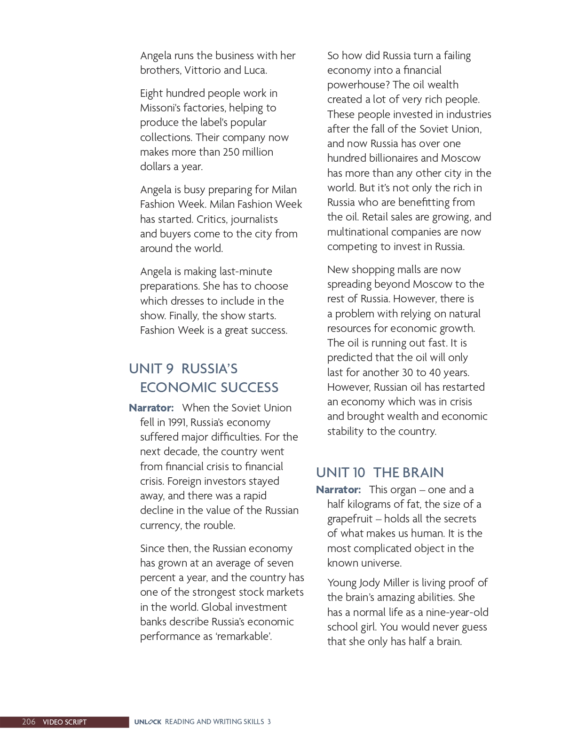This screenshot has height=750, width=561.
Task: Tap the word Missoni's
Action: pos(161,108)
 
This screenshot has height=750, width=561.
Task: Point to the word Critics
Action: pos(210,220)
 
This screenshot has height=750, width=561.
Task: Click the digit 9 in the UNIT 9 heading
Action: pos(170,369)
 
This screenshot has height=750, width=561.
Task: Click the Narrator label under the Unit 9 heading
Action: pos(151,408)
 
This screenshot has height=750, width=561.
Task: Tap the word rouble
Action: pos(220,526)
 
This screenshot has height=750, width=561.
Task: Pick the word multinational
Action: pos(358,232)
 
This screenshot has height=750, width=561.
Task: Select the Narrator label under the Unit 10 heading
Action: pos(338,490)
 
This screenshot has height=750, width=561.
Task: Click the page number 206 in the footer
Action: pos(28,722)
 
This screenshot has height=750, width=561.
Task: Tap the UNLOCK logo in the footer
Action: pos(147,722)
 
